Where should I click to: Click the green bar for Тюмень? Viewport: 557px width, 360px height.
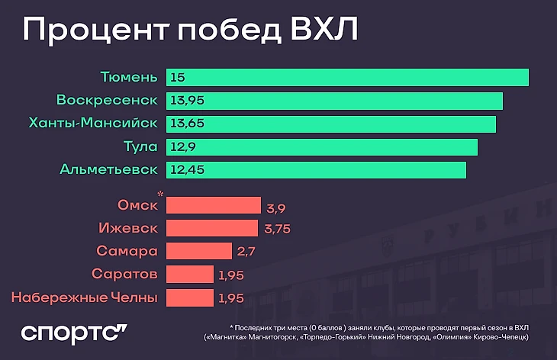tap(347, 77)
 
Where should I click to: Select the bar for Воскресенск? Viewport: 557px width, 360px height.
tap(334, 100)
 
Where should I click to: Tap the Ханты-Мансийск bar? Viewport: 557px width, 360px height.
tap(330, 123)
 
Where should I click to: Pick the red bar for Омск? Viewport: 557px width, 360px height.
tap(213, 205)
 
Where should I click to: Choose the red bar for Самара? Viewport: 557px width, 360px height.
tap(198, 251)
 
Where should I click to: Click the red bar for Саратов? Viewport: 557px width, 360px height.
tap(189, 274)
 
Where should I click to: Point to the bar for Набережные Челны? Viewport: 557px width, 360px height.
tap(189, 297)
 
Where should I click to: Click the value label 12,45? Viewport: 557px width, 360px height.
tap(187, 169)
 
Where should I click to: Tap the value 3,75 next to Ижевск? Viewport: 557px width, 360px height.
tap(278, 230)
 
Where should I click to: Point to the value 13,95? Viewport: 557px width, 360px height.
tap(188, 101)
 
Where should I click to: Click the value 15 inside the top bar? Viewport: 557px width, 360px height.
tap(178, 78)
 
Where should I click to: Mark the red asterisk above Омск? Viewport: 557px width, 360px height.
tap(160, 195)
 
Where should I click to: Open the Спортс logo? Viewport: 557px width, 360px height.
tap(73, 334)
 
